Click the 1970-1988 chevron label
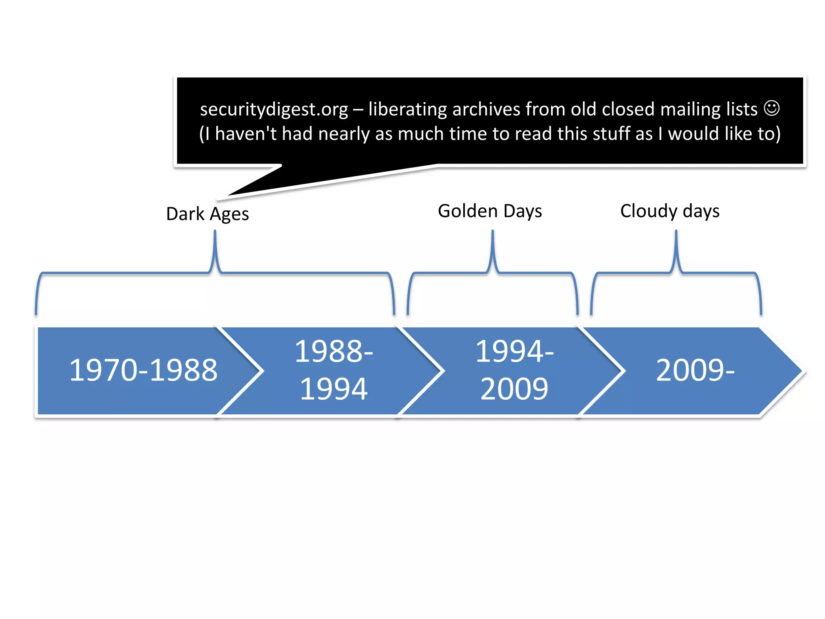click(143, 370)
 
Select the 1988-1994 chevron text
click(334, 370)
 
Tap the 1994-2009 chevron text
click(514, 370)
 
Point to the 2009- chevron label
click(695, 370)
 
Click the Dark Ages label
click(207, 214)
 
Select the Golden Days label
click(490, 211)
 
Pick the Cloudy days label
click(670, 211)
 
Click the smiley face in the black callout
click(772, 108)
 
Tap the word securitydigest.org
click(274, 110)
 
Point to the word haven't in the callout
click(246, 134)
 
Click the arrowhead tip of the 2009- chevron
click(802, 371)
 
